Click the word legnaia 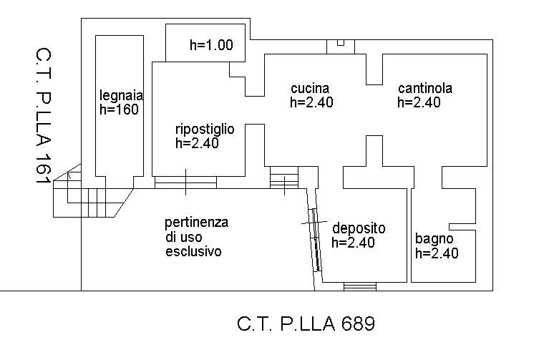(x=122, y=95)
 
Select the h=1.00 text (x=211, y=45)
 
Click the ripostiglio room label (x=204, y=129)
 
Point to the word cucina (x=309, y=88)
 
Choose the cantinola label (x=425, y=89)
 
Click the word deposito (x=359, y=228)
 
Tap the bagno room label (x=434, y=239)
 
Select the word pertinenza (x=196, y=222)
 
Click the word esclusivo (x=193, y=252)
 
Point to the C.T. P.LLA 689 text (x=306, y=324)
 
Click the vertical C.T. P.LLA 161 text (x=44, y=117)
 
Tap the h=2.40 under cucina (x=311, y=102)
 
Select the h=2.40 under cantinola (x=419, y=102)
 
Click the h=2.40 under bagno (x=437, y=253)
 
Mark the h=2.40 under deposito (x=353, y=243)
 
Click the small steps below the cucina (x=284, y=177)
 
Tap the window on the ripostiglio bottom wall (x=185, y=183)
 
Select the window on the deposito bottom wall (x=359, y=286)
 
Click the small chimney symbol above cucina (x=341, y=45)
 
